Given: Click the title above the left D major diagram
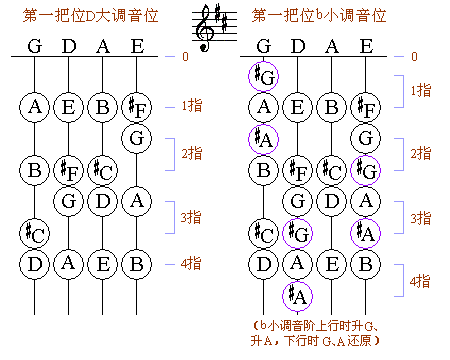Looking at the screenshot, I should coord(89,15).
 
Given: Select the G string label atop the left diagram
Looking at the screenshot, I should coord(35,46).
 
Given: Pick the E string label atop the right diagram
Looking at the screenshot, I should coord(366,46).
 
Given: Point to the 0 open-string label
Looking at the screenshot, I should coord(184,56).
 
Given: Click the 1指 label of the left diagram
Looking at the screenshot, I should coord(192,105).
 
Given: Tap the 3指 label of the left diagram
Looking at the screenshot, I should coord(192,215).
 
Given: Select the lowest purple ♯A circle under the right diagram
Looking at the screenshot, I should coord(297,296).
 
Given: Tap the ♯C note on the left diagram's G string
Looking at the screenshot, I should coord(35,233).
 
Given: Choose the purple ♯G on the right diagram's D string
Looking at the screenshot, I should coord(297,233).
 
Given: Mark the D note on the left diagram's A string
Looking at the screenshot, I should coord(103,201).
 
